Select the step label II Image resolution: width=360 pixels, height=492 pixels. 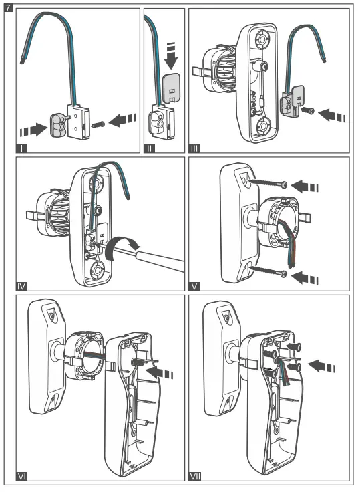(150, 146)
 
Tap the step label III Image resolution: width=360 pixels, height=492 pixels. (196, 146)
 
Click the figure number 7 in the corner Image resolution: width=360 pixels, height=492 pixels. (7, 6)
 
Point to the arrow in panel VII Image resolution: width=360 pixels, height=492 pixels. (326, 366)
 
